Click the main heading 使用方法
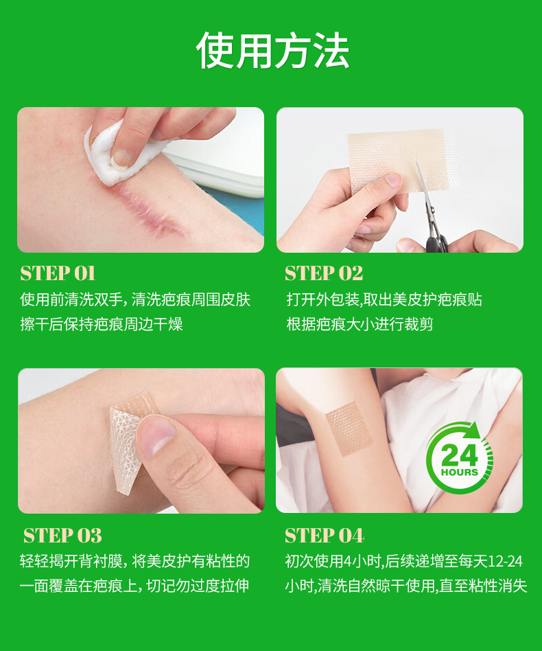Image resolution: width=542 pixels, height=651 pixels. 272,51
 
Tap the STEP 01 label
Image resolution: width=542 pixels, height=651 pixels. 58,273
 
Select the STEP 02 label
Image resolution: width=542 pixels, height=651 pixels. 324,273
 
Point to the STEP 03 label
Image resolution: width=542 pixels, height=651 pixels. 62,536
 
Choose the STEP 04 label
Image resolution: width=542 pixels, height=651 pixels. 325,536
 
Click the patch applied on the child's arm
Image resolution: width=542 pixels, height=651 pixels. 349,429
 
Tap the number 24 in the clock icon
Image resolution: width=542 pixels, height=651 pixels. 460,455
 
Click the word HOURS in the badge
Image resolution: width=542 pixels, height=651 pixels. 460,472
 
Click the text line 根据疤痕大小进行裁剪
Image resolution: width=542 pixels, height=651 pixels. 360,324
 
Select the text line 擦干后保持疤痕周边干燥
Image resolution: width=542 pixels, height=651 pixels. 102,324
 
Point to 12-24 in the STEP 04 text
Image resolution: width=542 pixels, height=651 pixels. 505,561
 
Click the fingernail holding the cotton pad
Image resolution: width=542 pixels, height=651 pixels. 122,158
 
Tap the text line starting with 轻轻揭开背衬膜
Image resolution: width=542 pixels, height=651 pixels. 134,561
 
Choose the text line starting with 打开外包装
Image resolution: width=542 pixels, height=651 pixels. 384,300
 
